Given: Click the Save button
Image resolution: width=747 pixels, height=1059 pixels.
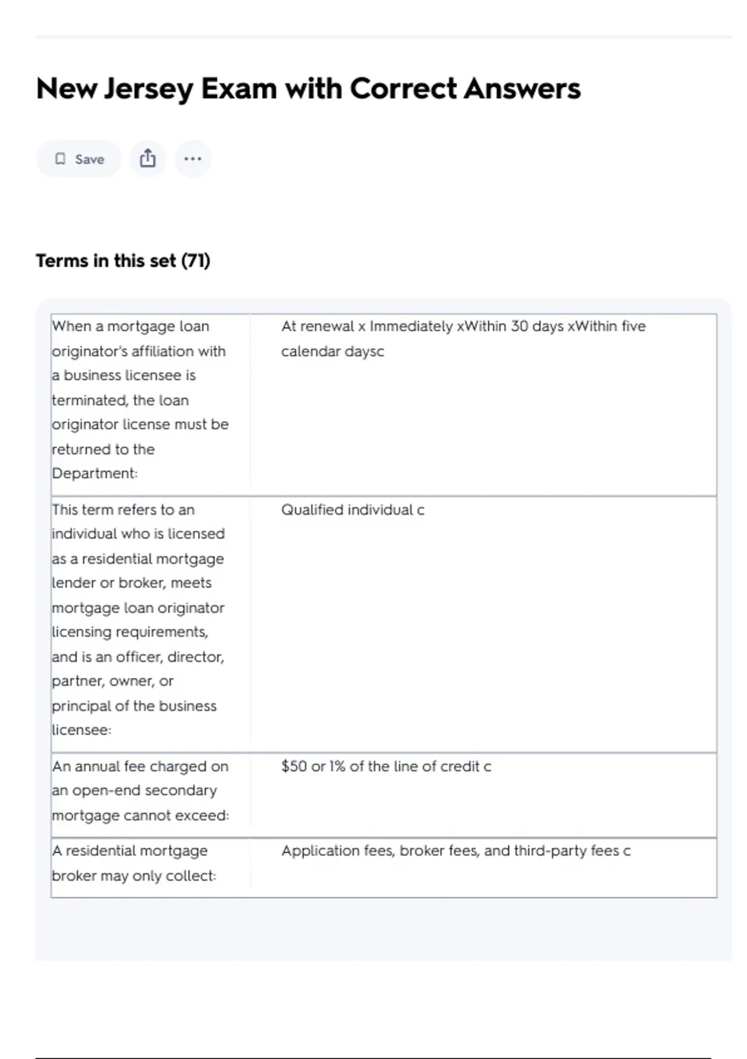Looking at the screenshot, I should point(79,159).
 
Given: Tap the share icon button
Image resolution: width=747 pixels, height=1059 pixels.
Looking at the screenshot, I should point(148,158).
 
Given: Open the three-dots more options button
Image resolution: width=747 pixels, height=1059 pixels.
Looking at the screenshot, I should point(193,159).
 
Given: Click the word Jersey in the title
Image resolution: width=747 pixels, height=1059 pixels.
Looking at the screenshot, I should point(148,89).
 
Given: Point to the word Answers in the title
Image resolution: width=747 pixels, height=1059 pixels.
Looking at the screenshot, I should point(522,89).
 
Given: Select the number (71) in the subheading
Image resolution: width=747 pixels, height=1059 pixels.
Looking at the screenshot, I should point(195,260).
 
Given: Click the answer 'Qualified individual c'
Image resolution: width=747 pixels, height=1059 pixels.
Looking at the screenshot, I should point(352,510).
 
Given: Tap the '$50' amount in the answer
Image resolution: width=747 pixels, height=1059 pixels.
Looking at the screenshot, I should point(294,766).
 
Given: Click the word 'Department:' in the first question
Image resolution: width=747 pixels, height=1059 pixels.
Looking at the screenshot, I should point(95,473).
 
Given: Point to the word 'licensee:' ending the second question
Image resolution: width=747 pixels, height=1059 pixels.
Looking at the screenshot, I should point(82,730).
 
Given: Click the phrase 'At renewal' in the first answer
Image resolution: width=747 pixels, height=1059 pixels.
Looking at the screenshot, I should point(317,326).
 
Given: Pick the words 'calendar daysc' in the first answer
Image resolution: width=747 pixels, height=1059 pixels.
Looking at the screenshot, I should point(332,351).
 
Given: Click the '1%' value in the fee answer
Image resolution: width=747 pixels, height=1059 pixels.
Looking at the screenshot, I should point(337,766).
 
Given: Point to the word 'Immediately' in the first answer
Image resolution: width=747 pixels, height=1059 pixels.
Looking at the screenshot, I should point(411,326).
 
